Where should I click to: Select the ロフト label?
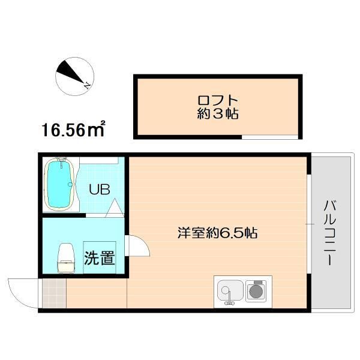tap(218, 100)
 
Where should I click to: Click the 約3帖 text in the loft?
tap(218, 113)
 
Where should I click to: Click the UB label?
tap(99, 190)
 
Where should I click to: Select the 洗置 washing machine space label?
tap(99, 259)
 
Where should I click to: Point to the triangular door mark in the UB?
tap(116, 208)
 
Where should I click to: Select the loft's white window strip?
tap(269, 137)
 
